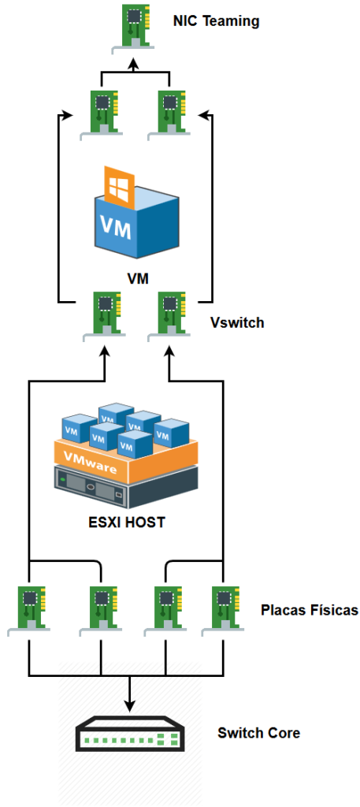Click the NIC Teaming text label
[216, 21]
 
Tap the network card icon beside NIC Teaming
[132, 29]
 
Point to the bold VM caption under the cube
[138, 279]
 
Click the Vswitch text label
[237, 322]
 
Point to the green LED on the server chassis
[63, 480]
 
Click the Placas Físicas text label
[309, 611]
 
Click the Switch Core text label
[258, 732]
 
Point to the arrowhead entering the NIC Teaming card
[133, 64]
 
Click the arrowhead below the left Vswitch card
[105, 353]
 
